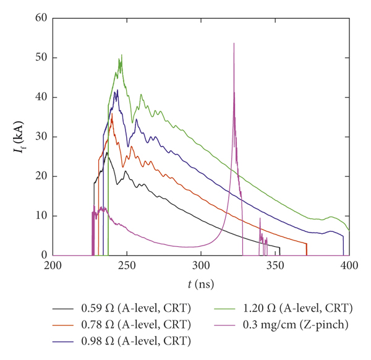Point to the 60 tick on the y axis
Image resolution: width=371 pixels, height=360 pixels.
tap(42, 18)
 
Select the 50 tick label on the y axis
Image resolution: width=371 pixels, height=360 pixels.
tap(42, 58)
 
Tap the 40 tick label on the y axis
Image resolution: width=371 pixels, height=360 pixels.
tap(42, 97)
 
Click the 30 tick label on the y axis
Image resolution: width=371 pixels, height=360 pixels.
tap(42, 137)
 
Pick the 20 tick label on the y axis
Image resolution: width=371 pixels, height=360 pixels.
tap(42, 176)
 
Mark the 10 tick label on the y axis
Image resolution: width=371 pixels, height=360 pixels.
tap(42, 216)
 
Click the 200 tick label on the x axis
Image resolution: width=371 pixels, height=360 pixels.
tap(53, 266)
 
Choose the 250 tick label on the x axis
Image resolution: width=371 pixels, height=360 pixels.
tap(127, 266)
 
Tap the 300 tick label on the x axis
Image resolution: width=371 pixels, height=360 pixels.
tap(201, 266)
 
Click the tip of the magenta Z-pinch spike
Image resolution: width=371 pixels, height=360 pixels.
tap(234, 43)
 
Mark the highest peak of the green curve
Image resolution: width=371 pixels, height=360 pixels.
tap(122, 55)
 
